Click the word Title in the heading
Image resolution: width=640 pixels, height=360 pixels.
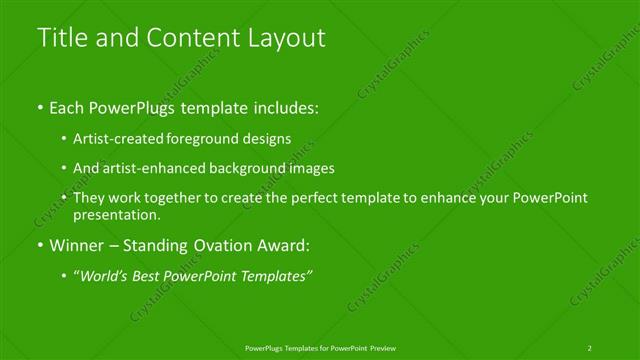click(59, 38)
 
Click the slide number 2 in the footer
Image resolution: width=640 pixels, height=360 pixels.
click(590, 347)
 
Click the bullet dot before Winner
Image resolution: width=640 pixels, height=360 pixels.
click(40, 245)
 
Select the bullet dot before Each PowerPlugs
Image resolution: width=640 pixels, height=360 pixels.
click(40, 106)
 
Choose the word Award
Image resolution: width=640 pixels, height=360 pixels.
click(287, 245)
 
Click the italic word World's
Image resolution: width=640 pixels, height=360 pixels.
click(106, 276)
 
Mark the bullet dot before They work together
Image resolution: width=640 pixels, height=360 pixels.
click(64, 198)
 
